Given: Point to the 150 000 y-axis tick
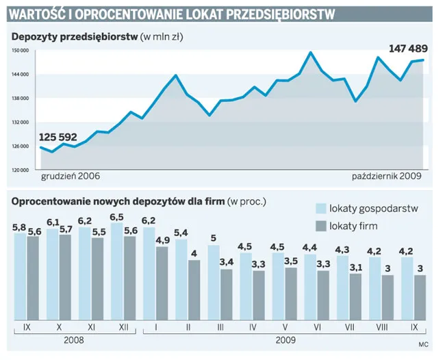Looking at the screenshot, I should click(21, 51).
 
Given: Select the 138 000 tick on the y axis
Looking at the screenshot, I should click(21, 99).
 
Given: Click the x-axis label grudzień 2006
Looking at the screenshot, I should click(71, 176).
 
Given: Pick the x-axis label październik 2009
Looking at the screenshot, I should click(387, 176).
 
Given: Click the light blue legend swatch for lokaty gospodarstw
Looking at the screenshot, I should click(320, 209).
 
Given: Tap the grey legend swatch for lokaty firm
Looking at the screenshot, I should click(320, 226).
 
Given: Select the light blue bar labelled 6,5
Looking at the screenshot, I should click(116, 270).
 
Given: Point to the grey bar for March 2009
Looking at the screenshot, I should click(226, 294).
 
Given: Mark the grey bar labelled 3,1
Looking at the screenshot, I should click(355, 297).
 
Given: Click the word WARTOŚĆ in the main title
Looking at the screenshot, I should click(39, 14).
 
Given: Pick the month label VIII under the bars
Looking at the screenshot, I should click(381, 329).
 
